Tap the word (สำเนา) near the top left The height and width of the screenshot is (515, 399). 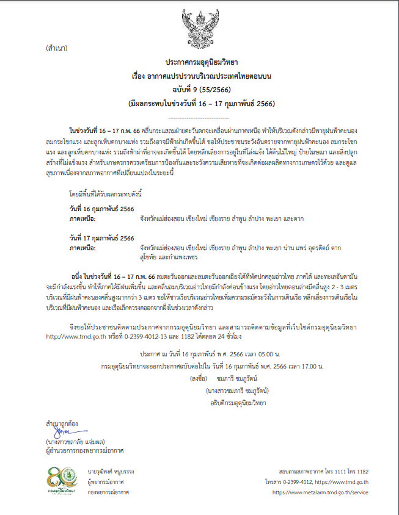[x=56, y=48]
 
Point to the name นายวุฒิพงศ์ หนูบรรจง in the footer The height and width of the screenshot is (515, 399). [x=111, y=472]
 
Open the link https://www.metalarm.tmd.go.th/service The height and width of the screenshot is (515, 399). [x=320, y=492]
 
